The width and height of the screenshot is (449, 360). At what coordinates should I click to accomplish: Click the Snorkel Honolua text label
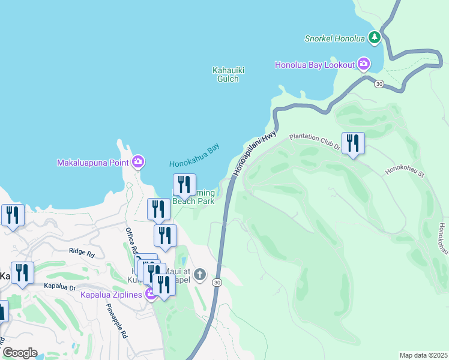click(x=334, y=38)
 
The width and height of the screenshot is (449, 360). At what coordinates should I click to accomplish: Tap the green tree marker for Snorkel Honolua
click(x=375, y=37)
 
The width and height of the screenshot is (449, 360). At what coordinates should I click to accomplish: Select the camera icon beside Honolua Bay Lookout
click(x=363, y=64)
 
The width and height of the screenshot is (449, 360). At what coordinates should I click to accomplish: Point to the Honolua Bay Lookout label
click(x=315, y=64)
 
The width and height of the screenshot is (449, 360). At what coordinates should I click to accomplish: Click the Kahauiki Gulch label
click(x=229, y=74)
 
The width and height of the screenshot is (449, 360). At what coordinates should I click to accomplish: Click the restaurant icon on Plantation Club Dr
click(x=353, y=143)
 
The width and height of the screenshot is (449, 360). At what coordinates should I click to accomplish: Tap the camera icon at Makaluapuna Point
click(x=138, y=161)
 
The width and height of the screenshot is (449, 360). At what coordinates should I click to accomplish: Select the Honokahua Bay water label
click(x=194, y=155)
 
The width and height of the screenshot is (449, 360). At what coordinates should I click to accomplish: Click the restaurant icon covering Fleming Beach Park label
click(x=184, y=185)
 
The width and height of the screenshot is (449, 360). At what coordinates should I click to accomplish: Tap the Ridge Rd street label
click(x=82, y=253)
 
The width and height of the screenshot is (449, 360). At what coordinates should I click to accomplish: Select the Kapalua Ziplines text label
click(x=110, y=295)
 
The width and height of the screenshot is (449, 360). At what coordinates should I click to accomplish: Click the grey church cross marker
click(x=200, y=275)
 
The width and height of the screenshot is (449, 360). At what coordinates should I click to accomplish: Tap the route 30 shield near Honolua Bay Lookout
click(x=378, y=84)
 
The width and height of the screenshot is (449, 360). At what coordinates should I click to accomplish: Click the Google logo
click(x=19, y=353)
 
